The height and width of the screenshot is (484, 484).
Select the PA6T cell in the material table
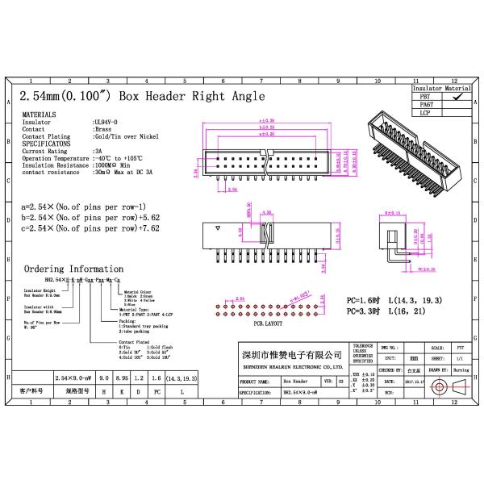[x=427, y=105]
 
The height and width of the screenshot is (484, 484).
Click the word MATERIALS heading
[x=38, y=115]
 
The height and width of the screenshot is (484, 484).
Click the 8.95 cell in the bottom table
[x=121, y=378]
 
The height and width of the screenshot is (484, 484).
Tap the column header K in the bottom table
[x=121, y=390]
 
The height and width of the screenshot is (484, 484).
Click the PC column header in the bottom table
[x=157, y=390]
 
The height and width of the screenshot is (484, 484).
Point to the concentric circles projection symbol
[x=439, y=387]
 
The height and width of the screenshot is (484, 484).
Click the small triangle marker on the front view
[x=217, y=230]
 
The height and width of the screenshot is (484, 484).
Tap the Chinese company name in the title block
[x=291, y=355]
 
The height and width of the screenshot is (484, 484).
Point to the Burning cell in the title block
[x=461, y=369]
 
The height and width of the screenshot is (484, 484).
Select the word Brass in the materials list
[x=103, y=129]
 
